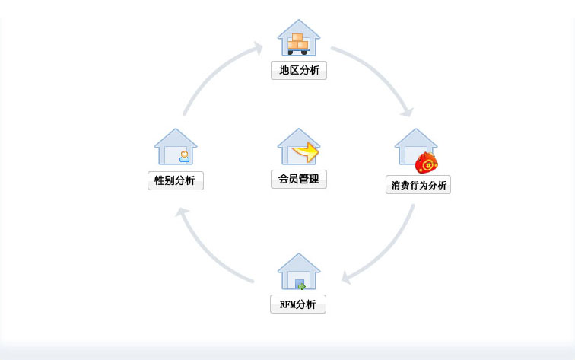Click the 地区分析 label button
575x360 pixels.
point(299,71)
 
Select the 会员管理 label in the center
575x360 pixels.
point(298,180)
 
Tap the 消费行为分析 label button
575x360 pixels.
point(418,185)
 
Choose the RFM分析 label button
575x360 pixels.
point(298,304)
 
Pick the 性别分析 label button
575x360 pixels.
point(176,181)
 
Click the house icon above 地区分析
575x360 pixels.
point(299,38)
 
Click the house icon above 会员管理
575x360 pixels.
point(298,147)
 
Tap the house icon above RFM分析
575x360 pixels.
point(299,272)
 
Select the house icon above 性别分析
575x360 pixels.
point(176,147)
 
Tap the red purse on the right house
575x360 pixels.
point(427,163)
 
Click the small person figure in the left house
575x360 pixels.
point(184,157)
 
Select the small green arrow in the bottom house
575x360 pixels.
point(300,285)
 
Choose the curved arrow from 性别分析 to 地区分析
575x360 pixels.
point(217,76)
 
